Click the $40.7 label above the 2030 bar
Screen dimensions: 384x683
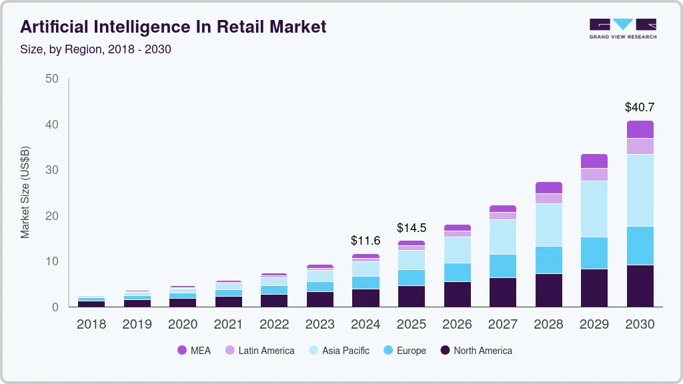640,107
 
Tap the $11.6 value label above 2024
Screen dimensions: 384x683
366,240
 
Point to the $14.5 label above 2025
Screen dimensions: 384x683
412,227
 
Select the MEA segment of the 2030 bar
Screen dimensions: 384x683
640,129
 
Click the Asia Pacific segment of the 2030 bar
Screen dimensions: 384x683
640,190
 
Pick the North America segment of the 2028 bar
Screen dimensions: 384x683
548,290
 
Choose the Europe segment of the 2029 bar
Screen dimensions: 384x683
594,253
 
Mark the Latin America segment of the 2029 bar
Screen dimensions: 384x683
594,175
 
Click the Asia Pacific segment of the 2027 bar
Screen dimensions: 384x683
503,237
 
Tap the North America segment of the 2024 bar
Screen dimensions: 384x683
366,298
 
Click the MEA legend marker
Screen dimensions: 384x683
182,351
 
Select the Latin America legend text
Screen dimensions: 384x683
266,351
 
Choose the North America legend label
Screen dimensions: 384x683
483,351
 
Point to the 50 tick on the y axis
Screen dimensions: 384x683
51,79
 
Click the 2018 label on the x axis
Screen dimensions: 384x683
91,325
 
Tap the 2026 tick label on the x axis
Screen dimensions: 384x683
457,325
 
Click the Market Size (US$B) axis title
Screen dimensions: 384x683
25,192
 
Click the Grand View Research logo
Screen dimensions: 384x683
622,29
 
